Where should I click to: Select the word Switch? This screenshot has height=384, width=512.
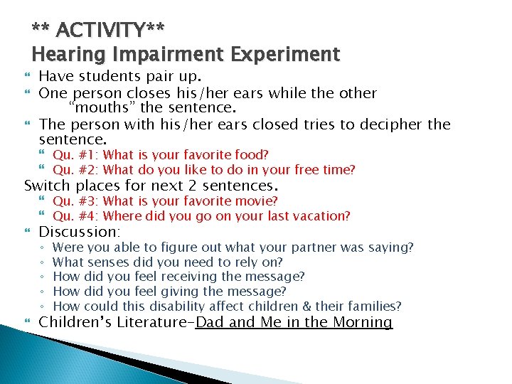47,186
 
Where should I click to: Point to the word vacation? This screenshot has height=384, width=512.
321,216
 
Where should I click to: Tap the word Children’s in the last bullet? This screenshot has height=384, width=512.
72,322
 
